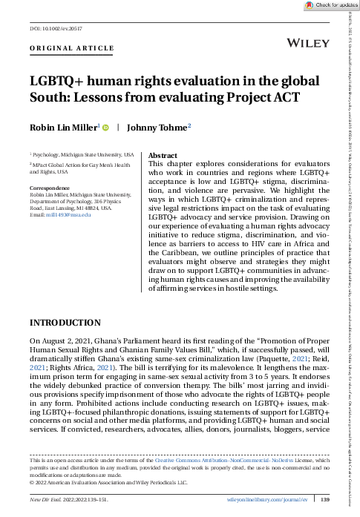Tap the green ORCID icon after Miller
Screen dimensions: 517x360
(x=107, y=127)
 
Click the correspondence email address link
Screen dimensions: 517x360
(x=66, y=214)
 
